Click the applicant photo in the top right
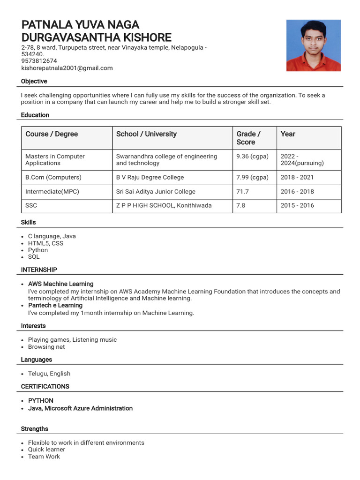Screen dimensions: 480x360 (x=314, y=45)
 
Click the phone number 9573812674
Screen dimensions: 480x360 (x=39, y=61)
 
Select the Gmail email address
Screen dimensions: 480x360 (x=67, y=68)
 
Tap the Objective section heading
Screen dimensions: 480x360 (x=34, y=82)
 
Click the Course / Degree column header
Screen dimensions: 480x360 (x=52, y=134)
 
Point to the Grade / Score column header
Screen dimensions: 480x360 (x=248, y=138)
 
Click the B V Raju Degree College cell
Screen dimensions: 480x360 (x=150, y=178)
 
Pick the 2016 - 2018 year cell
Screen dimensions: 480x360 (x=297, y=192)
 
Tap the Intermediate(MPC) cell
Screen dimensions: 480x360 (x=51, y=192)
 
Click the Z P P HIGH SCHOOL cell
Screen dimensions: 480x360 (x=164, y=205)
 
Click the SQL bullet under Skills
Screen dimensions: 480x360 (x=34, y=257)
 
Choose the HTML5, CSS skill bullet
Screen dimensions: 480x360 (x=45, y=243)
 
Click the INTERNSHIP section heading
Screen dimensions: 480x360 (x=39, y=270)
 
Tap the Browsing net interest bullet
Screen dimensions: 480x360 (x=46, y=347)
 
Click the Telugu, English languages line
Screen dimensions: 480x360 (x=49, y=374)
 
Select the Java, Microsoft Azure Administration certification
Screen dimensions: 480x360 (x=80, y=408)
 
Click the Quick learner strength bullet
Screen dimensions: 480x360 (x=46, y=450)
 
